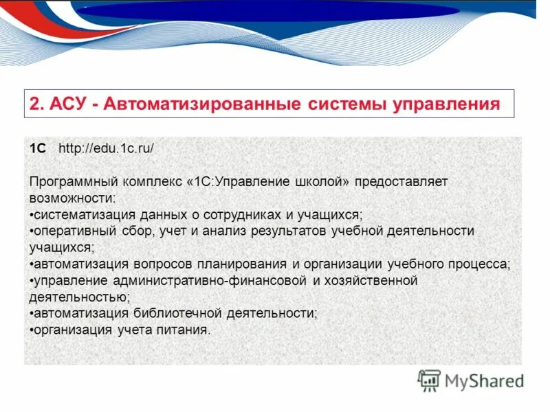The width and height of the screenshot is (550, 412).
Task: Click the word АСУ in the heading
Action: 71,104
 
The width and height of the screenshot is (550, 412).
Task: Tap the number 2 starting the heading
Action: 36,104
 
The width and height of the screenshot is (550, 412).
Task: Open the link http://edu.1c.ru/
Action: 106,148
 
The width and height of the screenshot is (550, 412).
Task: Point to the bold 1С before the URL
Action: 38,148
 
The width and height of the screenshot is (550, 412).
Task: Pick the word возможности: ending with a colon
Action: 73,198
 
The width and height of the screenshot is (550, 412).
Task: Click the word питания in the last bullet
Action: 186,330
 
